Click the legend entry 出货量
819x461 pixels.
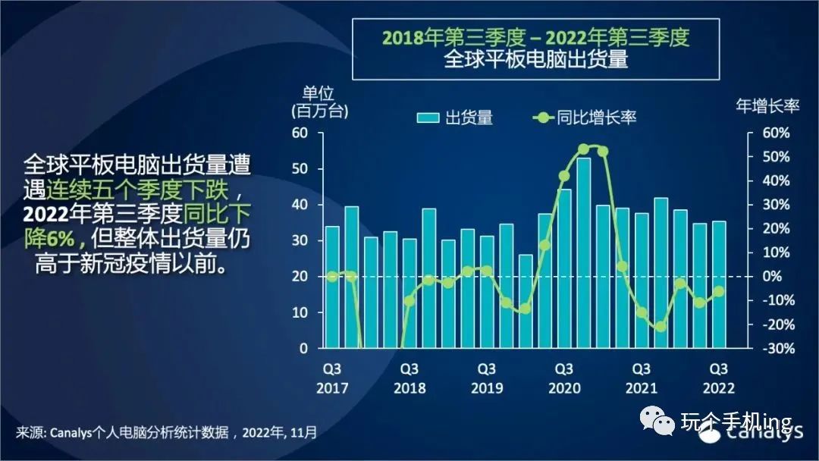(455, 118)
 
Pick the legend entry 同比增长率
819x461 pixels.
(584, 118)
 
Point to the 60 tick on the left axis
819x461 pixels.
(302, 133)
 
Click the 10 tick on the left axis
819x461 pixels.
(302, 312)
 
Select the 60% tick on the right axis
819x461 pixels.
(775, 133)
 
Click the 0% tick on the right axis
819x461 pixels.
(777, 277)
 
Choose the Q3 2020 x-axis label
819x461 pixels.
(563, 378)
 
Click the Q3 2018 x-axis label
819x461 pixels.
(409, 378)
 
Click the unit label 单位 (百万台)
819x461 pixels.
(318, 102)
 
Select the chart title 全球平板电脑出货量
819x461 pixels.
(535, 59)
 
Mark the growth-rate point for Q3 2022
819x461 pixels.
(718, 291)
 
